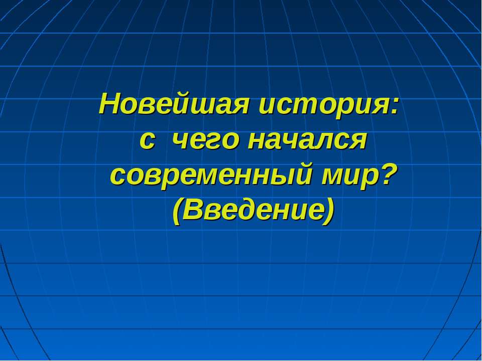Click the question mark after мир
(387, 174)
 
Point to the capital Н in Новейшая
(110, 104)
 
